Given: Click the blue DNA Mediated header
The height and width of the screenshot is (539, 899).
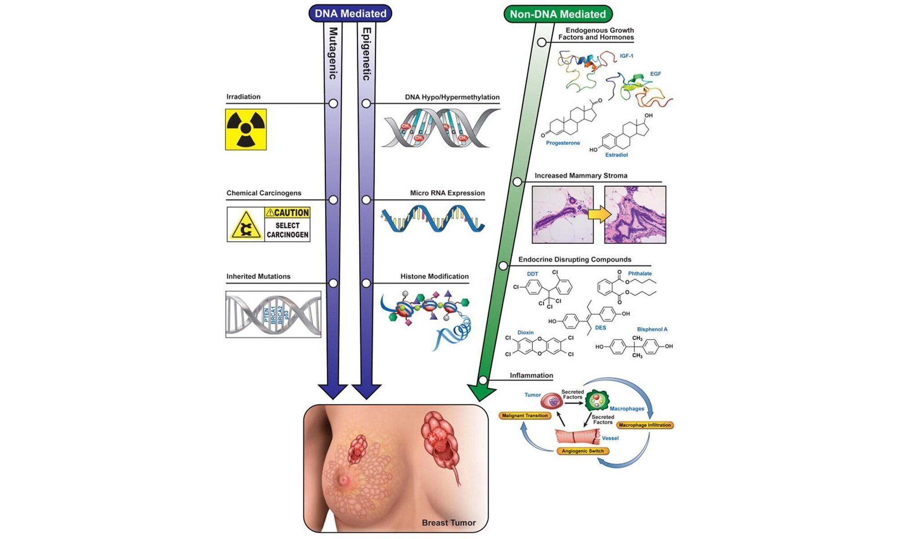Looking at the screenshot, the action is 350,13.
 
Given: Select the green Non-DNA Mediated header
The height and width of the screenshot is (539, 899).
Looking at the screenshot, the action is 558,14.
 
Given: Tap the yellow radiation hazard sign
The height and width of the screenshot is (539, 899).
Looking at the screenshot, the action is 246,129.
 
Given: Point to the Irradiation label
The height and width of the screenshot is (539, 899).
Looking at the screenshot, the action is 243,97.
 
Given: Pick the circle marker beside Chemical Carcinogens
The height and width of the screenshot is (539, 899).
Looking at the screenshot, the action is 333,200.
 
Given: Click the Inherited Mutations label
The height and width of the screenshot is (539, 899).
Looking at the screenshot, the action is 258,276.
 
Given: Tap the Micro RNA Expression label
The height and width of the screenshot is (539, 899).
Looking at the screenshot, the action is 447,193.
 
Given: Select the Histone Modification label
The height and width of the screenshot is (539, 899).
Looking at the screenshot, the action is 435,276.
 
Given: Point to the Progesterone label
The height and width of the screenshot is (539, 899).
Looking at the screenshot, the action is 563,143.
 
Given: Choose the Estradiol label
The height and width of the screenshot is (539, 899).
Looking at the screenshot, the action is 616,155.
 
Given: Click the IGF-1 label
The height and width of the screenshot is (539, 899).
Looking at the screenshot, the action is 626,56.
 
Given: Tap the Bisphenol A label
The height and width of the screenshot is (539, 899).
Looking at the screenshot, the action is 652,329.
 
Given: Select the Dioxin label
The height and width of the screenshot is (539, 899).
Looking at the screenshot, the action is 525,332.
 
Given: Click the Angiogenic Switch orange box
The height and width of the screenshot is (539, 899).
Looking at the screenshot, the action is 583,451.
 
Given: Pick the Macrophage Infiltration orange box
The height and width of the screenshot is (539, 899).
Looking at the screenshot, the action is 645,425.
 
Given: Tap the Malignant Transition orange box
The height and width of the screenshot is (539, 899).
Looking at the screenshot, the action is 525,415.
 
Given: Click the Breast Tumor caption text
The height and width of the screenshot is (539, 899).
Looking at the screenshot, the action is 449,523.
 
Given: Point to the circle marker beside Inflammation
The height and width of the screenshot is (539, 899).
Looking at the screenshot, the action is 483,380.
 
